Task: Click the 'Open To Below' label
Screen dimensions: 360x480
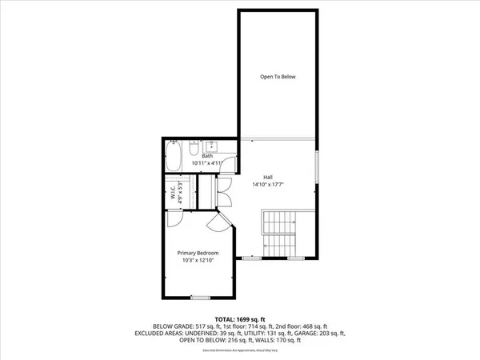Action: click(278, 77)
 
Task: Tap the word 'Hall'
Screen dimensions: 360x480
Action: click(268, 178)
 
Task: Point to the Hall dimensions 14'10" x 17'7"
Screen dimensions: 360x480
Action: click(268, 186)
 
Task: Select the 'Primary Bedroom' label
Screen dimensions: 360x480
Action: click(198, 252)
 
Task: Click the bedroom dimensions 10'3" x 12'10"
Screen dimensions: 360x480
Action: click(198, 261)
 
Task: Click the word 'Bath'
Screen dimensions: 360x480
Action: click(207, 156)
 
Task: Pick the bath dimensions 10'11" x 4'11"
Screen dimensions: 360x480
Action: click(207, 164)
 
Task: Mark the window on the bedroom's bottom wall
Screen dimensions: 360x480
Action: click(200, 298)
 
